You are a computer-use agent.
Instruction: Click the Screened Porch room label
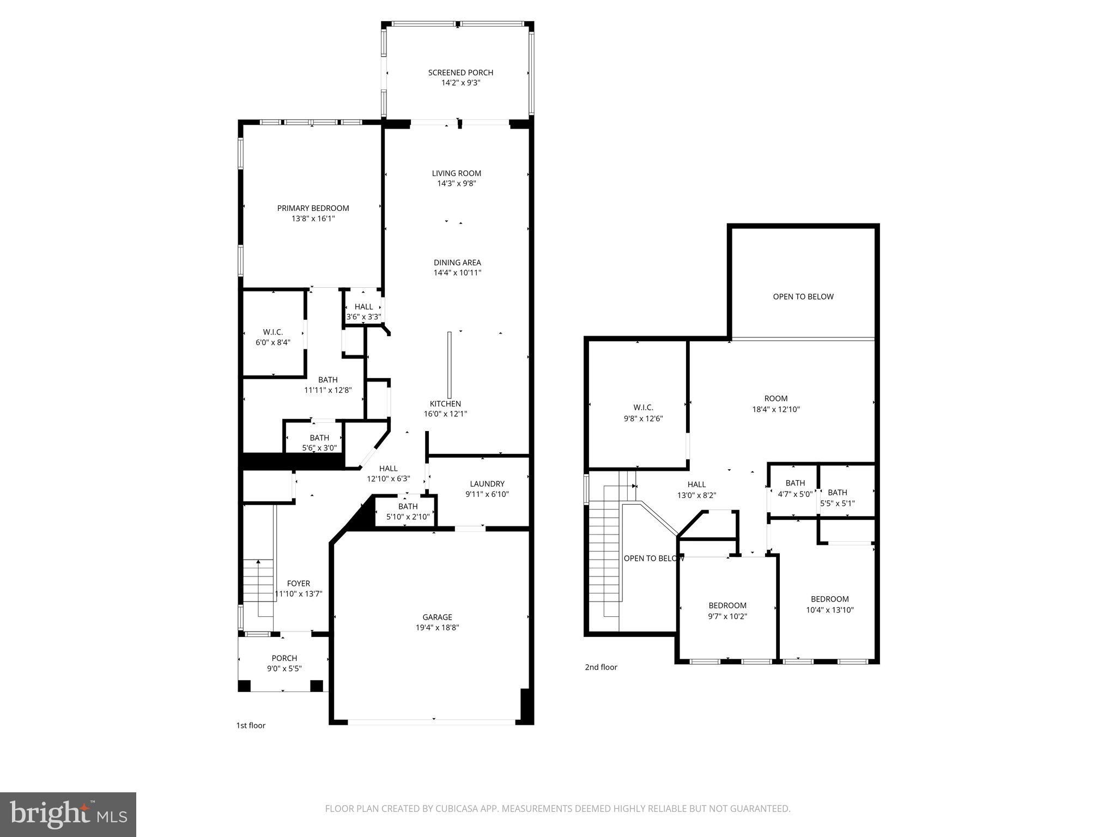point(460,72)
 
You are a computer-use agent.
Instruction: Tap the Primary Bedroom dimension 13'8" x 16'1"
point(313,219)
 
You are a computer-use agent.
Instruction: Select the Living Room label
point(457,173)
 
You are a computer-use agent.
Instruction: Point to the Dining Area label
point(457,263)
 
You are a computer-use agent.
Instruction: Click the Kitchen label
point(445,404)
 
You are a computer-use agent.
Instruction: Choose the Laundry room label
point(487,484)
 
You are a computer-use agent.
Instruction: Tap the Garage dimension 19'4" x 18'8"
point(437,628)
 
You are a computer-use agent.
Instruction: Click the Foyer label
point(299,584)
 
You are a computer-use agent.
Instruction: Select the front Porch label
point(284,658)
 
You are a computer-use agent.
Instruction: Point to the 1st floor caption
point(251,725)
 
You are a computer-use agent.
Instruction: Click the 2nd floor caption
point(601,667)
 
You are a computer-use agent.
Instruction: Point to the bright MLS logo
point(69,814)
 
